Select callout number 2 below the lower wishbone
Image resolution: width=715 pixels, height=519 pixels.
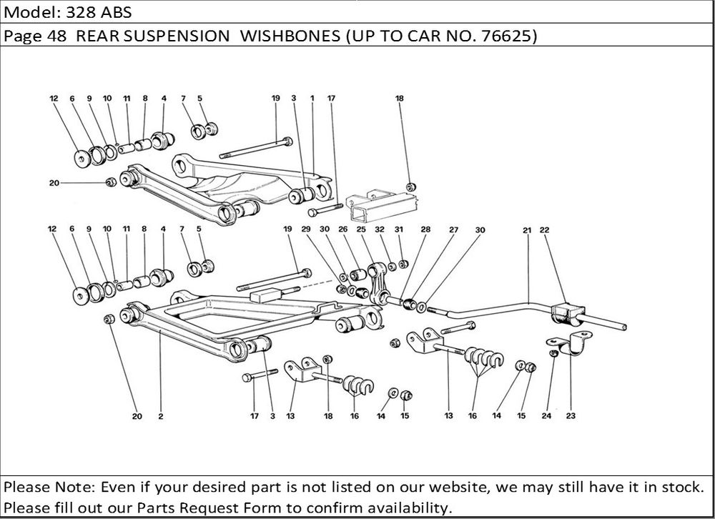pyautogui.click(x=159, y=416)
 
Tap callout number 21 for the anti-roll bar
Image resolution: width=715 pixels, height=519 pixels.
pyautogui.click(x=526, y=230)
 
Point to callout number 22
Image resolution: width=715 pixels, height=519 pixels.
pyautogui.click(x=545, y=230)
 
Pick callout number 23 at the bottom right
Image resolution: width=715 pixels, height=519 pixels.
pyautogui.click(x=571, y=415)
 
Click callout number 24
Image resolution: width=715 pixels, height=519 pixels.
pyautogui.click(x=546, y=415)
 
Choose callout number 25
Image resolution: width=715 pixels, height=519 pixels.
pyautogui.click(x=361, y=230)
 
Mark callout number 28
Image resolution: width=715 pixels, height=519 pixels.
pyautogui.click(x=425, y=230)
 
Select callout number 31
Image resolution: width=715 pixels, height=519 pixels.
pyautogui.click(x=400, y=230)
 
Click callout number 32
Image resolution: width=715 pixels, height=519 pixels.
pyautogui.click(x=381, y=230)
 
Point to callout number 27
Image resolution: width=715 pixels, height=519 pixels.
pyautogui.click(x=453, y=230)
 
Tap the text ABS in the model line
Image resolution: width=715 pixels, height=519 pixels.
pyautogui.click(x=116, y=12)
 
